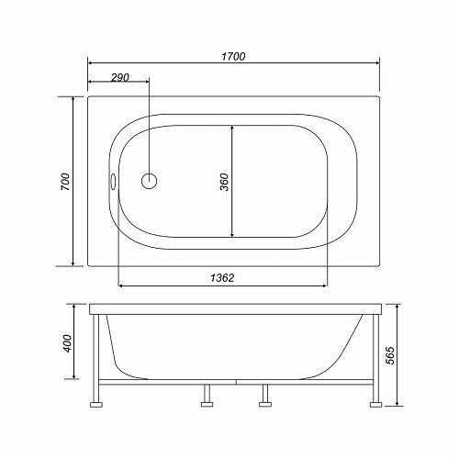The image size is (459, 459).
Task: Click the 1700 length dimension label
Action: tap(233, 57)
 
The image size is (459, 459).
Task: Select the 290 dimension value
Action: tap(120, 78)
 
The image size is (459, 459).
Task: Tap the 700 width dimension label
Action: tap(65, 182)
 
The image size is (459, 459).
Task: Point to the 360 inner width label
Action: tap(224, 182)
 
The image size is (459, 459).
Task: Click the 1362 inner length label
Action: tap(222, 278)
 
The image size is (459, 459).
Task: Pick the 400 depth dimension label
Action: tap(67, 343)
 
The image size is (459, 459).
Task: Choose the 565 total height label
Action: tap(390, 355)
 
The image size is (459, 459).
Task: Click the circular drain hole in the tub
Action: tap(149, 181)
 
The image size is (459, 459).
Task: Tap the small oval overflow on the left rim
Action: tap(113, 182)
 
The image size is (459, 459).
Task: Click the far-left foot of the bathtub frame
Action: tap(96, 405)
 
